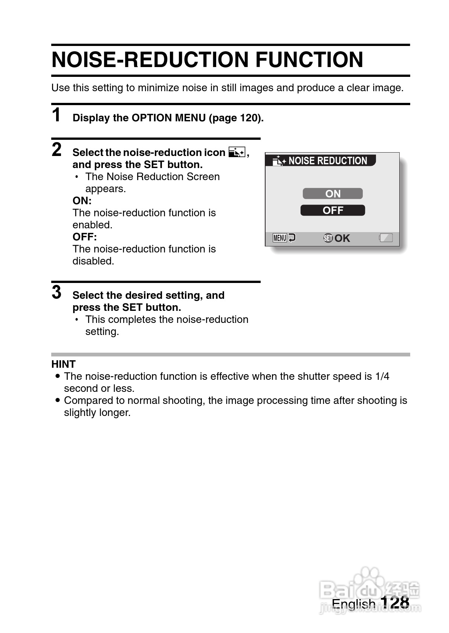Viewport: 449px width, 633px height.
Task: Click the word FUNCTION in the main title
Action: coord(309,60)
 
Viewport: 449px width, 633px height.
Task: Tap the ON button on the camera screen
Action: coord(333,194)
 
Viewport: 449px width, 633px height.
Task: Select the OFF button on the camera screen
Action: coord(333,210)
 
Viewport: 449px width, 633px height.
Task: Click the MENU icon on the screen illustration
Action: coord(280,238)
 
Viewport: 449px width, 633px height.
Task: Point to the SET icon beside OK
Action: coord(328,238)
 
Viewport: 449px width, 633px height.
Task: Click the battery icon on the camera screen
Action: coord(386,238)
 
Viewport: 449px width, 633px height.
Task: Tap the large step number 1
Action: coord(57,115)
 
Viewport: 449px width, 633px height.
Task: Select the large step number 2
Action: coord(57,150)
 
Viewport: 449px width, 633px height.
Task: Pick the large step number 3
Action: coord(57,292)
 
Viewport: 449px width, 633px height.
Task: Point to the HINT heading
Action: coord(63,364)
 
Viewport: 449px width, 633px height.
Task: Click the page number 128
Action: coord(394,602)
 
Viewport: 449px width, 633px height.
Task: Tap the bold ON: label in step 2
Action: coord(82,200)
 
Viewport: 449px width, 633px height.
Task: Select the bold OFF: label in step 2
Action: coord(84,237)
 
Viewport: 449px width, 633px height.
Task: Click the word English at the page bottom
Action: coord(353,604)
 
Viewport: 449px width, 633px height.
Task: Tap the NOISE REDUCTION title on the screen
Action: coord(327,161)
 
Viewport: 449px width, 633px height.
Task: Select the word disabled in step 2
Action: coord(93,261)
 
